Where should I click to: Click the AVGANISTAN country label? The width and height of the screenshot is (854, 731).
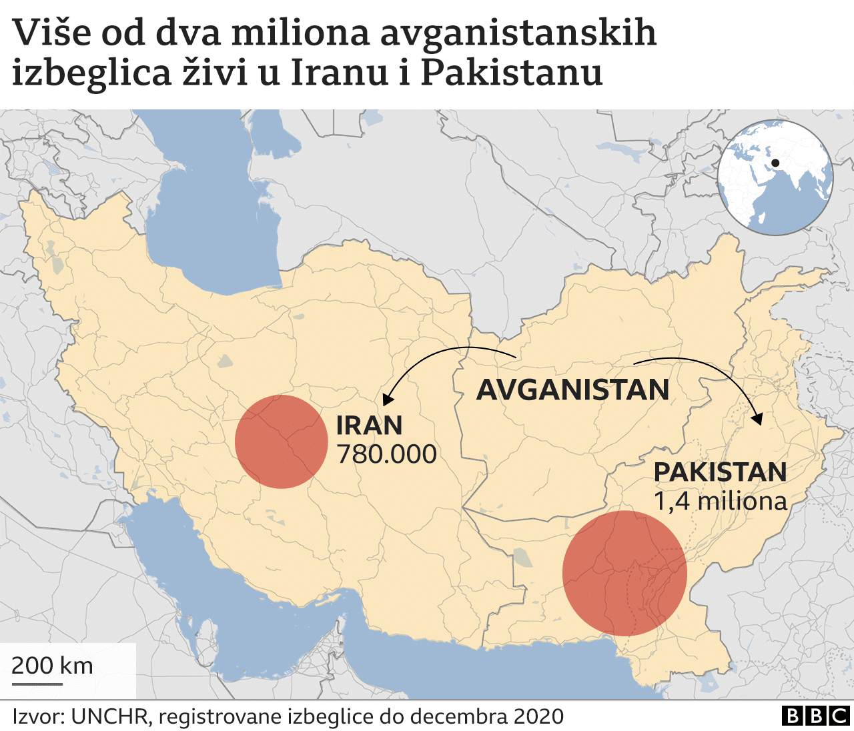[x=572, y=390]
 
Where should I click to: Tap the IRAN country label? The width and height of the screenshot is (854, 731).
[x=369, y=426]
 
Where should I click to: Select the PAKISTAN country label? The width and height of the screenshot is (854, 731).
[x=720, y=472]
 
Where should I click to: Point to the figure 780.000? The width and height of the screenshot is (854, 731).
[x=386, y=454]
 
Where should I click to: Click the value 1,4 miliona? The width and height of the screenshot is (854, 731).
[x=720, y=501]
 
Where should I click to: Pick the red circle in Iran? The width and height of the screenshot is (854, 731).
[x=282, y=442]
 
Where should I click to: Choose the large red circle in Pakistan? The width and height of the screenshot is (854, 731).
[x=624, y=573]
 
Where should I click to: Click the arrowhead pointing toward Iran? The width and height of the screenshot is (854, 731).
[x=387, y=400]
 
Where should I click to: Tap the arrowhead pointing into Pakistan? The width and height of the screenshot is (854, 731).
[x=757, y=420]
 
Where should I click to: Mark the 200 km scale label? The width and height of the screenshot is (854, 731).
[x=52, y=666]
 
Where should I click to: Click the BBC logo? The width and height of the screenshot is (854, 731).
[x=815, y=716]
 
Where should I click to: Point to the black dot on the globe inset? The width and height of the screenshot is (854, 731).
[x=775, y=163]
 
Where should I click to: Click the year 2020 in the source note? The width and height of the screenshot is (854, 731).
[x=538, y=716]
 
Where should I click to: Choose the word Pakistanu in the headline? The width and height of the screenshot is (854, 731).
[x=511, y=72]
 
